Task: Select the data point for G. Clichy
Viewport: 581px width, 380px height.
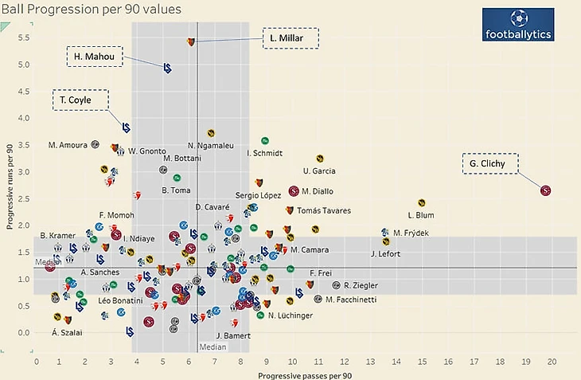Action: (x=545, y=190)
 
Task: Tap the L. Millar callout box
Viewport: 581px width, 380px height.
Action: (x=290, y=38)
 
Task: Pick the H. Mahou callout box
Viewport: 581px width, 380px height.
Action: (x=94, y=57)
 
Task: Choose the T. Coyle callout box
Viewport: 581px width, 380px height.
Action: (x=82, y=101)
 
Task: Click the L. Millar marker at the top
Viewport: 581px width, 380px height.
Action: (x=191, y=41)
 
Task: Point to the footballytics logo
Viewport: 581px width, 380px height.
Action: (x=518, y=25)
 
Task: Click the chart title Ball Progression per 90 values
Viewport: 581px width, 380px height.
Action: (x=91, y=10)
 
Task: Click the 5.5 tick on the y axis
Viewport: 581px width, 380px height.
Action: (x=24, y=37)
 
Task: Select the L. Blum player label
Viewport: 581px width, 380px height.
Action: (x=420, y=215)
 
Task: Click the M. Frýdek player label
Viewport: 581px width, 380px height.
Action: (x=411, y=233)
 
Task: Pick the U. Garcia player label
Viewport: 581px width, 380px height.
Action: (x=319, y=170)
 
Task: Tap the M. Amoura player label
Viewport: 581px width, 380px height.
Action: (x=68, y=145)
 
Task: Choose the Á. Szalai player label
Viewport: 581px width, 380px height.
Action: (x=66, y=332)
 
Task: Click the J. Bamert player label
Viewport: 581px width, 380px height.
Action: (x=232, y=335)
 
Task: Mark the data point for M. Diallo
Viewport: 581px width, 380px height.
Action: (x=294, y=191)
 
